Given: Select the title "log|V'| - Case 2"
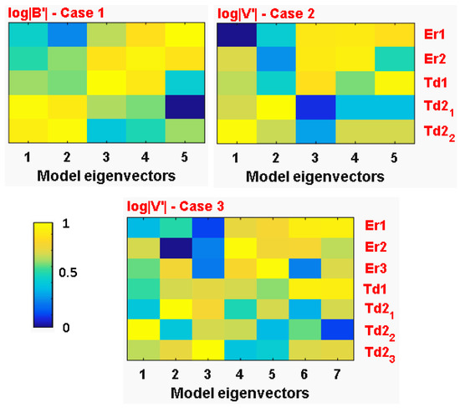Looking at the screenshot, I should tap(268, 11).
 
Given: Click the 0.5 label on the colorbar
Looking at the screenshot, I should tap(74, 274).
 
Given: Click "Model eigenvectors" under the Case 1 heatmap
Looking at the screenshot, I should tap(107, 176).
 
